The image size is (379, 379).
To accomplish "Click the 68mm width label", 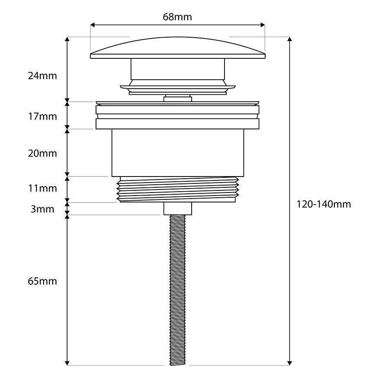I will pos(177,17).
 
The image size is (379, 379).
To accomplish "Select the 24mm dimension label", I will pos(42,76).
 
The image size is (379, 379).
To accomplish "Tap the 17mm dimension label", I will pos(42,117).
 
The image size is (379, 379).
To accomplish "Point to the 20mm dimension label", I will pos(42,154).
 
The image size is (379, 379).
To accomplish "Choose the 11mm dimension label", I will pos(42,189).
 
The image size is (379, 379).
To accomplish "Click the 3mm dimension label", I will pos(42,209).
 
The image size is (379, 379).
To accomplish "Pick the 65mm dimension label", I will pos(42,281).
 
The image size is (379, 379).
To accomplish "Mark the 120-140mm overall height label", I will pos(324,204).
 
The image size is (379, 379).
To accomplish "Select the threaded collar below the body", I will pos(177,189).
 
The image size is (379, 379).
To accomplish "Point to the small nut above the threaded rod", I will pos(177,209).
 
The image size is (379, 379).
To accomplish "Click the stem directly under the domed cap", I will pos(177,69).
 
